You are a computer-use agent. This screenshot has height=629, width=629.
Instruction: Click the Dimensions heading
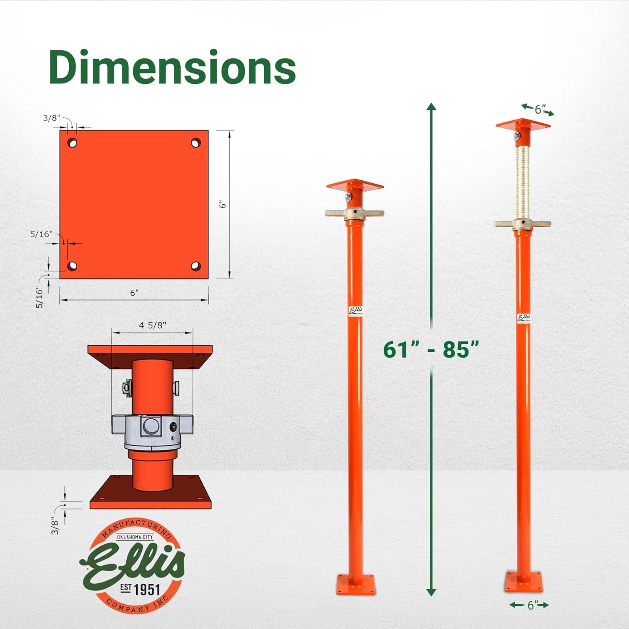(x=172, y=67)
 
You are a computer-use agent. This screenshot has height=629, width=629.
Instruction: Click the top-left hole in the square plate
(x=73, y=143)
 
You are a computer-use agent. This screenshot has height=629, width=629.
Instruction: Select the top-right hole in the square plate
(x=195, y=143)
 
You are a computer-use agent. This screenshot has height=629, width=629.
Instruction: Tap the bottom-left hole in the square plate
(x=73, y=266)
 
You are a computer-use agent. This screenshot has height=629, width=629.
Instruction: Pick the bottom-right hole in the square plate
(x=195, y=266)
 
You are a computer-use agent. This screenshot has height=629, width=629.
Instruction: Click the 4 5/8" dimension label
(x=152, y=325)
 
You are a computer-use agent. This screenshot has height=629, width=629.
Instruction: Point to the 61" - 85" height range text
(x=431, y=349)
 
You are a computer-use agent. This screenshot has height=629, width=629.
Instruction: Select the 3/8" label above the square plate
(x=52, y=118)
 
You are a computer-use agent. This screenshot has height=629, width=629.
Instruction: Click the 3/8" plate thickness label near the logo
(x=55, y=525)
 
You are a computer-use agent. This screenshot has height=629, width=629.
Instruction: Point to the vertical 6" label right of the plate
(x=223, y=204)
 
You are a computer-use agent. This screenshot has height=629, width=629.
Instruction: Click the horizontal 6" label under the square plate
(x=134, y=293)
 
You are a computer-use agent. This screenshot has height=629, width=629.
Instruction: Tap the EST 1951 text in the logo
(x=140, y=589)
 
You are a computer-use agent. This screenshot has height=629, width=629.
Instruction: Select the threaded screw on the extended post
(x=522, y=180)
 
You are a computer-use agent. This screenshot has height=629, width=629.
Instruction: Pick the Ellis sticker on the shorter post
(x=356, y=311)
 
